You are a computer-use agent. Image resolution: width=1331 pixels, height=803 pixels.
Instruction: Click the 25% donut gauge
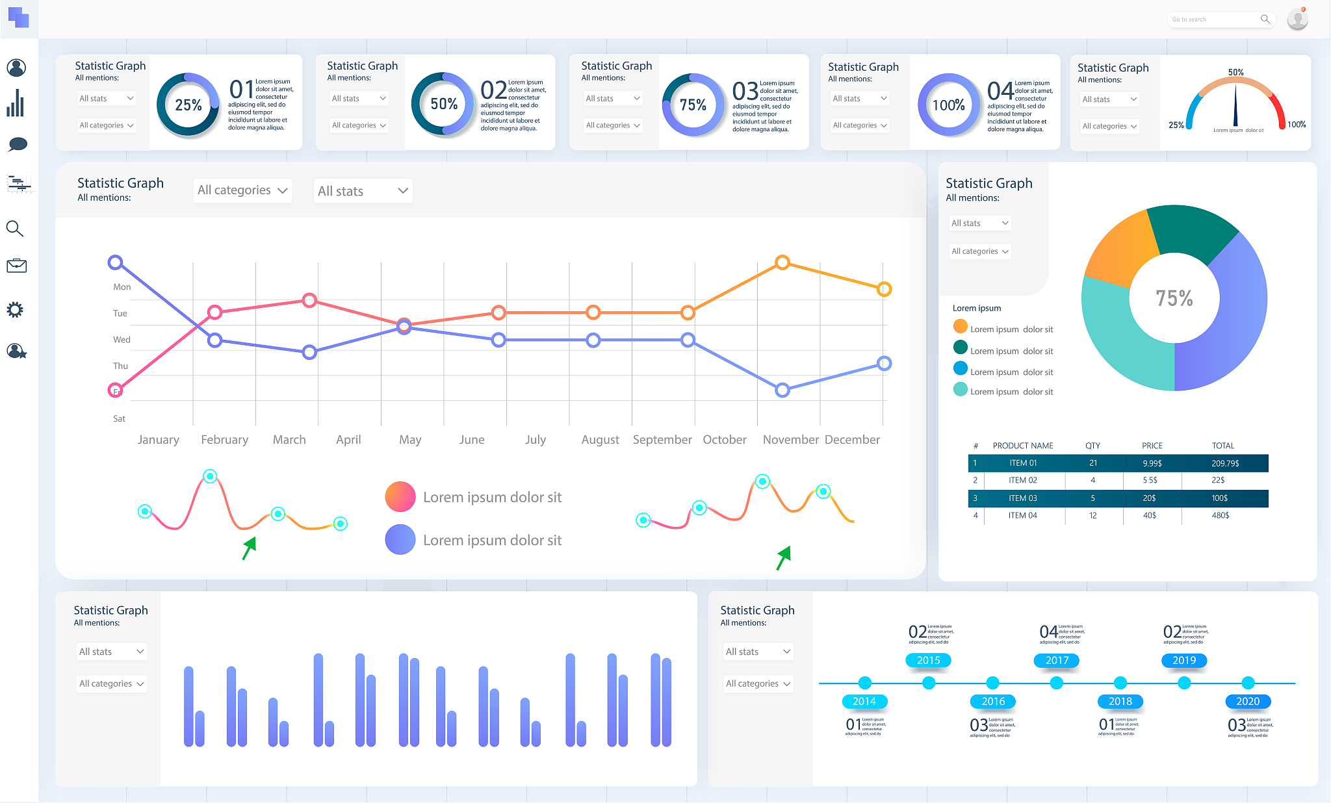pos(188,105)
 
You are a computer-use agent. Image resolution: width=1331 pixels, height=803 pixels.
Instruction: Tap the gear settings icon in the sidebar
pos(15,310)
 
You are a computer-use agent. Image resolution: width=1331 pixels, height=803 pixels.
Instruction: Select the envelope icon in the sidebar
pos(16,266)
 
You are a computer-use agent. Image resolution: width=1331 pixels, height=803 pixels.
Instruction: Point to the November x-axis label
pos(790,440)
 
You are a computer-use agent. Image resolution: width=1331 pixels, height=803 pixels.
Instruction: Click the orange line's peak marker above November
pos(782,262)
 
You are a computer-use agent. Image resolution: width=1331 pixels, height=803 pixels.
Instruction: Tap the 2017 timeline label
pos(1057,660)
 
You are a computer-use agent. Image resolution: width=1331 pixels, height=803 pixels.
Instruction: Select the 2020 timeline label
pos(1247,702)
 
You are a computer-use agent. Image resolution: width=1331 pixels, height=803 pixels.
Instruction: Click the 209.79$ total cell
pos(1225,463)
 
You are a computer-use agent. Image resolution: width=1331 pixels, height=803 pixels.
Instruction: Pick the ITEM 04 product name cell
pos(1022,515)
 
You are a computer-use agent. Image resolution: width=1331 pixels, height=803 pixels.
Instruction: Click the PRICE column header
pos(1152,446)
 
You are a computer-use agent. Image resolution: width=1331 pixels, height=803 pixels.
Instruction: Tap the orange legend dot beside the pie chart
pos(960,326)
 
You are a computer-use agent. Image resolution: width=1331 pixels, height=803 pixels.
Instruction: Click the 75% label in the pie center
pos(1174,298)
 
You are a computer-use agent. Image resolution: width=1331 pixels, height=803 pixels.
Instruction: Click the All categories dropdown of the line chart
pos(242,190)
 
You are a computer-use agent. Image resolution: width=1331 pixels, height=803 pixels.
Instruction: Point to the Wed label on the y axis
pos(122,340)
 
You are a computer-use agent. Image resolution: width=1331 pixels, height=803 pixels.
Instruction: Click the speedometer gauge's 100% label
pos(1296,125)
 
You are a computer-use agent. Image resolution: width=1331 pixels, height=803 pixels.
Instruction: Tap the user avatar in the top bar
pos(1297,19)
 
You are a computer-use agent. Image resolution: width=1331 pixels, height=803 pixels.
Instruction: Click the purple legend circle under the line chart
pos(400,540)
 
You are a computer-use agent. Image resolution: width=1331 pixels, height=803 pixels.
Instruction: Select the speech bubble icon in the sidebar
pos(18,144)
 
